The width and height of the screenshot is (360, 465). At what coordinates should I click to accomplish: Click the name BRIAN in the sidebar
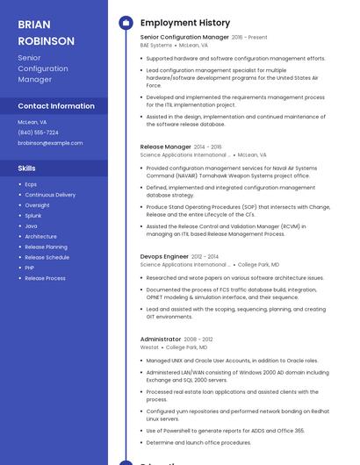click(34, 25)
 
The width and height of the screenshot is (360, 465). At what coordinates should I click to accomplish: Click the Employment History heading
click(185, 23)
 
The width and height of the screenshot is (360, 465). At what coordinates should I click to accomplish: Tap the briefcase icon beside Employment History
click(126, 23)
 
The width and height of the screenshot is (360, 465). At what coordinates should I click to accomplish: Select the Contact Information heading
click(56, 106)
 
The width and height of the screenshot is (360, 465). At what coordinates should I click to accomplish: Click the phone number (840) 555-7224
click(38, 132)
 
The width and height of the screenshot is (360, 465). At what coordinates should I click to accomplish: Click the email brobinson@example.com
click(50, 142)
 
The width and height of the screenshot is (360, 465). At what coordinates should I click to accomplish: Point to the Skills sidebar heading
click(27, 168)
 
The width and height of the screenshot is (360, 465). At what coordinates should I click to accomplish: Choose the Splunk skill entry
click(33, 215)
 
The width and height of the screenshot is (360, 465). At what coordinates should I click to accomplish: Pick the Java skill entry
click(31, 225)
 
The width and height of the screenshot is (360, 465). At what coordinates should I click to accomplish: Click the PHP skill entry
click(30, 268)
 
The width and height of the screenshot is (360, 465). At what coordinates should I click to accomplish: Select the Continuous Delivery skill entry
click(50, 195)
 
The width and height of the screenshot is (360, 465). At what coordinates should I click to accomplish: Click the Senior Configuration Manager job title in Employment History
click(184, 37)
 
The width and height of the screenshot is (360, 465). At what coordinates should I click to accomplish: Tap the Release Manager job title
click(165, 147)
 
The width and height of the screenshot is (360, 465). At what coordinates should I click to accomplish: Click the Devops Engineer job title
click(164, 256)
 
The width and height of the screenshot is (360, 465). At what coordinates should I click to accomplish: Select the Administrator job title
click(161, 339)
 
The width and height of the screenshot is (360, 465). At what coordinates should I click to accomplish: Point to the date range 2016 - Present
click(249, 38)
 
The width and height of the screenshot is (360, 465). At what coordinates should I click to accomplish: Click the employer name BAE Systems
click(156, 45)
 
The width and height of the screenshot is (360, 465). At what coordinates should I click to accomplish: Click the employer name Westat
click(150, 347)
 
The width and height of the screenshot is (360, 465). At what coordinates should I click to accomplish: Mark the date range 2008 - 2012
click(198, 339)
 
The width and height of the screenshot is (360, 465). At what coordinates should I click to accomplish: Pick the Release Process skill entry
click(45, 278)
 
